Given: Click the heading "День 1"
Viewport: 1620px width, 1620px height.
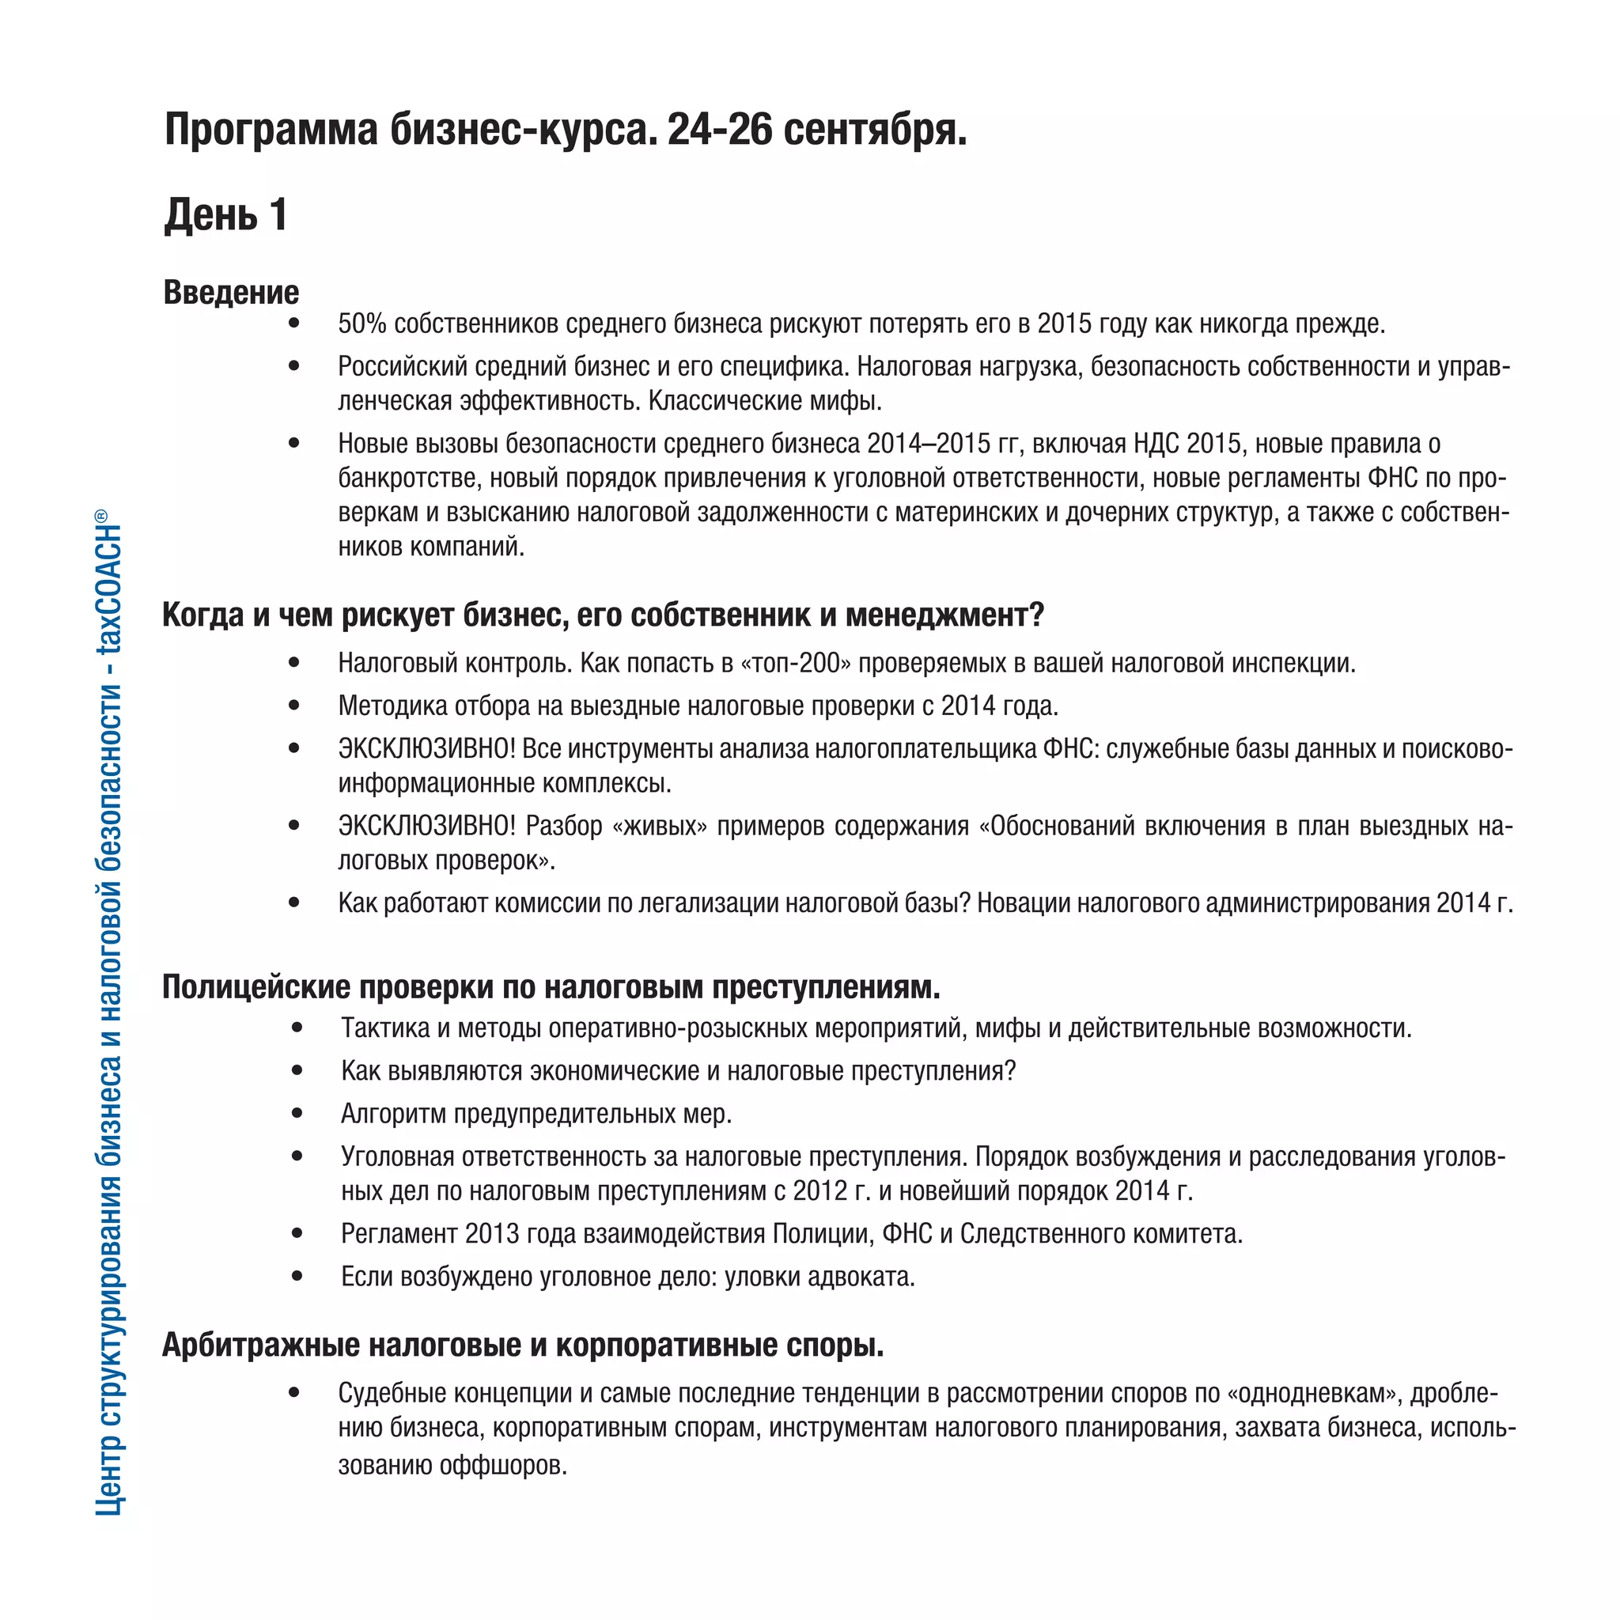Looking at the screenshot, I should [x=225, y=214].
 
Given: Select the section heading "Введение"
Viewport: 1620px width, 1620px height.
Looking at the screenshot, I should [x=231, y=292].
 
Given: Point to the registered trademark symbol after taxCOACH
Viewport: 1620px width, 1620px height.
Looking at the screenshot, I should [x=100, y=515].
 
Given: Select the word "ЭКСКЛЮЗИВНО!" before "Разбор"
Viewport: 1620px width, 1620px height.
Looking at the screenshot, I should [x=427, y=826].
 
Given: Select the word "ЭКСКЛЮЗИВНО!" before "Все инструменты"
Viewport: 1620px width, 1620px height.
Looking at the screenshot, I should [x=427, y=749].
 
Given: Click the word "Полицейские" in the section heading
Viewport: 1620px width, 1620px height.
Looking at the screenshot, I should [x=256, y=987].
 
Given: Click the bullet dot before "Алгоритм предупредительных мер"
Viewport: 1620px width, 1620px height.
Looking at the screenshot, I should [x=297, y=1114].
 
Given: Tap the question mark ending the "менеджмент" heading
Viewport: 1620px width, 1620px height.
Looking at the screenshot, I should [x=1036, y=615].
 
